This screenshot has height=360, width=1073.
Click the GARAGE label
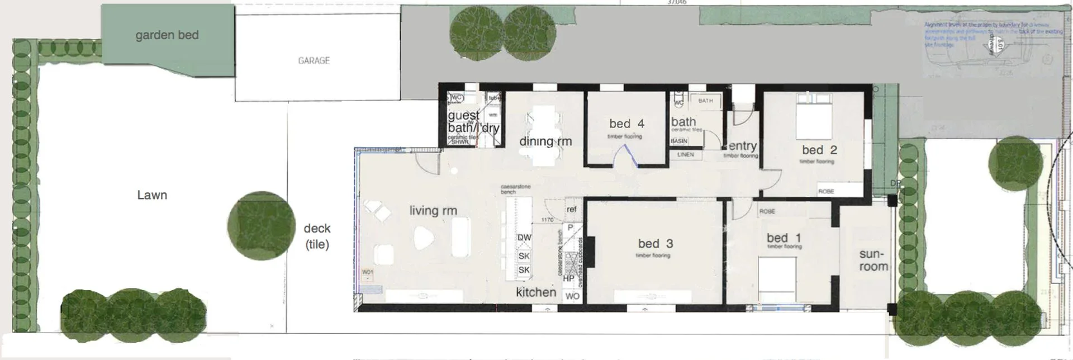[314, 60]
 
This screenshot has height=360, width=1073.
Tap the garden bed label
[167, 35]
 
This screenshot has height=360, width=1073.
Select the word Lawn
[152, 195]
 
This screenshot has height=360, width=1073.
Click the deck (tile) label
[317, 236]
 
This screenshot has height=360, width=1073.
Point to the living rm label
[433, 211]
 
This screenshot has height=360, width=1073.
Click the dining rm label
[545, 141]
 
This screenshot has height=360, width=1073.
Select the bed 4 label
[626, 124]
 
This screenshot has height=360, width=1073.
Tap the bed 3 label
[656, 244]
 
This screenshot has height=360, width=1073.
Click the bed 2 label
[819, 150]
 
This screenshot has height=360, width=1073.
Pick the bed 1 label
[784, 238]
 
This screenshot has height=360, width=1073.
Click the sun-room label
[873, 260]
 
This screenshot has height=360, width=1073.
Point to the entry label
[743, 146]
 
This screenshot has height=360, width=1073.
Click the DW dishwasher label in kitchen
[524, 238]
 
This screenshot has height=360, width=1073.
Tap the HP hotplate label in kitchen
[569, 278]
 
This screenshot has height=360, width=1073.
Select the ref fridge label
[571, 209]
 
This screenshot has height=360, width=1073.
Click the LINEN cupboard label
[686, 154]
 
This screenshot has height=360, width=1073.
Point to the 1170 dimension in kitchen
[547, 220]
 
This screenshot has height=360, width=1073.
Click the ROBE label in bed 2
[826, 191]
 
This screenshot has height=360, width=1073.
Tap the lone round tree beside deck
[262, 225]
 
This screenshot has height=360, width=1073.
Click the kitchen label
[536, 292]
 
